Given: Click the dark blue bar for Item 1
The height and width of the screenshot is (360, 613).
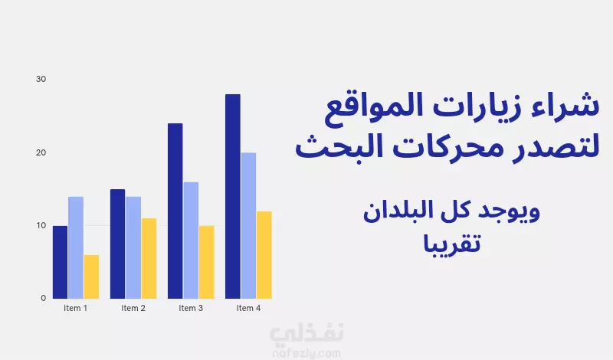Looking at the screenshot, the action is click(61, 262).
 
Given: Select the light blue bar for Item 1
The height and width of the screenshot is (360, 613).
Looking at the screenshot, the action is click(76, 248).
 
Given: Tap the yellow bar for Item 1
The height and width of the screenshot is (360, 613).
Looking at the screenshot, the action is click(91, 277).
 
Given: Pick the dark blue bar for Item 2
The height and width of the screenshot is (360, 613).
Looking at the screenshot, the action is click(118, 244).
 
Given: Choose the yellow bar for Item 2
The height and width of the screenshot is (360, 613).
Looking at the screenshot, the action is click(149, 258).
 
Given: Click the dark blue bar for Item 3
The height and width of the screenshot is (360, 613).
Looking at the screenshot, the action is click(175, 211).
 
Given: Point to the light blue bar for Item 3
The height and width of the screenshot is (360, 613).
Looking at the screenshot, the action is click(191, 241).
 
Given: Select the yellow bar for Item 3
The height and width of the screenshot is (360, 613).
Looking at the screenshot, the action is click(206, 262).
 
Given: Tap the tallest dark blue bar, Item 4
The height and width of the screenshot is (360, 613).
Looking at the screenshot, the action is click(233, 196).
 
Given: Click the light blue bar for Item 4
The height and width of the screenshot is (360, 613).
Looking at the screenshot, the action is click(248, 225).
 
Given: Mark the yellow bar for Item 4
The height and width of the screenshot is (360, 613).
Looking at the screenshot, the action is click(264, 255).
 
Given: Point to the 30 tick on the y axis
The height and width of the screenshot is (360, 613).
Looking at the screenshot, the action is click(41, 79).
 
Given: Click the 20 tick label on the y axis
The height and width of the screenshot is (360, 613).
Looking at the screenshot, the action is click(41, 152).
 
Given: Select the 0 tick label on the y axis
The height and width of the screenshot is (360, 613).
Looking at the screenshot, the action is click(44, 298).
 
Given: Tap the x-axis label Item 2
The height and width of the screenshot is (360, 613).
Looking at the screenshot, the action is click(133, 308).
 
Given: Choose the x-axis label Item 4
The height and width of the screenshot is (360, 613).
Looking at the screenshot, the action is click(248, 308).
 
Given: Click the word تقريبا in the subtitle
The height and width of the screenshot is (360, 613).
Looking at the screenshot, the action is click(451, 244).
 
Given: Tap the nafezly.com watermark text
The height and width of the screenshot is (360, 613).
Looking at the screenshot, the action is click(306, 354).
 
